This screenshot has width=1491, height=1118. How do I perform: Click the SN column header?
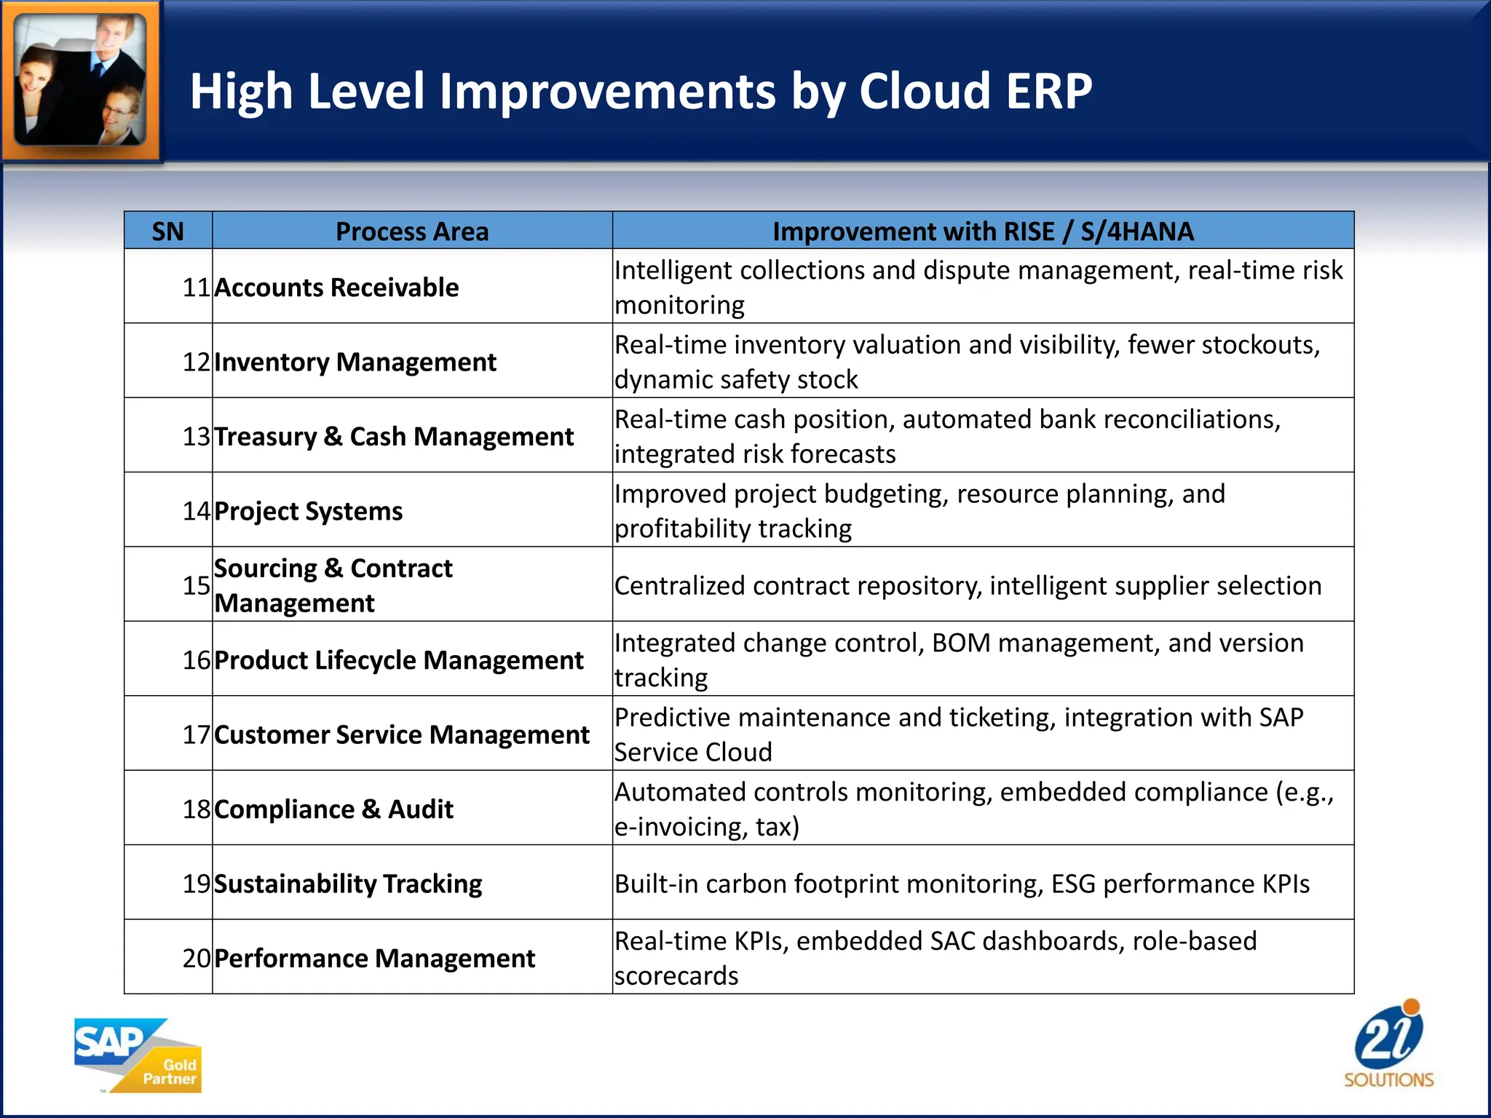tap(167, 231)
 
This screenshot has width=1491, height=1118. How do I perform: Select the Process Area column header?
tap(411, 231)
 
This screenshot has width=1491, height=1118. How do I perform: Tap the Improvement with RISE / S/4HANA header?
tap(983, 231)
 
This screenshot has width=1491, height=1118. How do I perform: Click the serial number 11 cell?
tap(196, 288)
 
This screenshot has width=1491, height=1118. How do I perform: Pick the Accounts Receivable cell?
tap(336, 288)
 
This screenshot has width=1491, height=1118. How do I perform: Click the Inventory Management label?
tap(355, 362)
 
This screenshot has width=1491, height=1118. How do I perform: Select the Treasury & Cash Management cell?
tap(394, 437)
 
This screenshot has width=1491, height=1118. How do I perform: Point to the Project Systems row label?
tap(308, 511)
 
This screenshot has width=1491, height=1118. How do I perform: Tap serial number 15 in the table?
tap(196, 585)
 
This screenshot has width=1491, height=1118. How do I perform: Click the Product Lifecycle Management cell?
tap(399, 660)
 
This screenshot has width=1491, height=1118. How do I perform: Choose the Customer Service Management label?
tap(402, 734)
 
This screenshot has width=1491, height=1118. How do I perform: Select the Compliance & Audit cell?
tap(333, 809)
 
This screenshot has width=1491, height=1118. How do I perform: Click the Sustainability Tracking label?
tap(348, 884)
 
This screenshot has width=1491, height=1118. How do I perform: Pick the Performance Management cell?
tap(374, 959)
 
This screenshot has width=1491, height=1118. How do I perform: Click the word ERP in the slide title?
tap(1048, 92)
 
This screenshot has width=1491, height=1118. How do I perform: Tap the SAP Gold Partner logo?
tap(138, 1055)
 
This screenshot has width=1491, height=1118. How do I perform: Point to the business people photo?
tap(80, 80)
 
